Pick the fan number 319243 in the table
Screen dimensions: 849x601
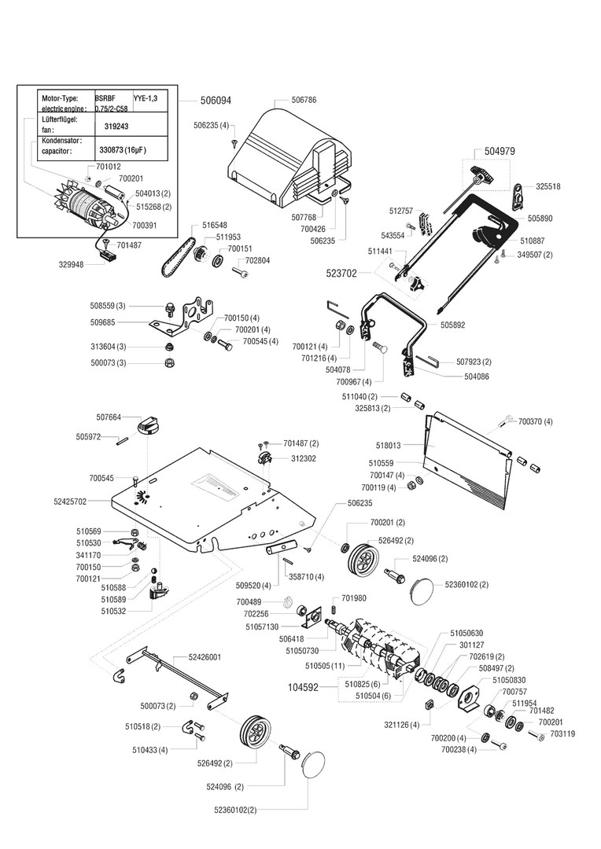click(x=116, y=125)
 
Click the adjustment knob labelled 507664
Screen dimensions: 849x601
click(x=148, y=425)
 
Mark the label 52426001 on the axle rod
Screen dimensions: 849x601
click(x=205, y=656)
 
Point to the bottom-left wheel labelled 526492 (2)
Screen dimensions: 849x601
click(x=254, y=733)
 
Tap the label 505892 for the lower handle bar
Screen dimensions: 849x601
click(x=452, y=324)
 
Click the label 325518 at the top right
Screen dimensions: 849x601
click(x=548, y=186)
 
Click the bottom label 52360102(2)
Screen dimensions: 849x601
click(x=235, y=808)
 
